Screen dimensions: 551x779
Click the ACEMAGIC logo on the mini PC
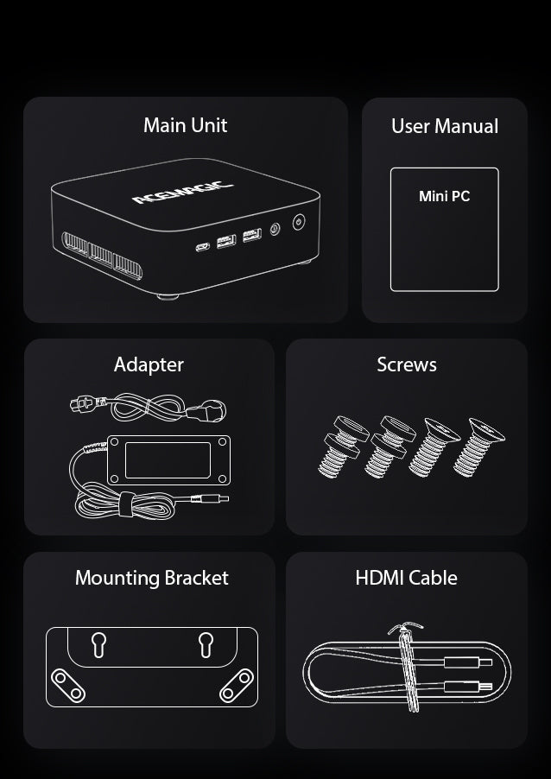click(183, 193)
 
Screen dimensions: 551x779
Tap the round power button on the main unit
click(299, 222)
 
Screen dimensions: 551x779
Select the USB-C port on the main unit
click(203, 246)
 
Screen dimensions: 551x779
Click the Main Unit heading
click(186, 125)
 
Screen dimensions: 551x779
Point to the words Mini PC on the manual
click(444, 196)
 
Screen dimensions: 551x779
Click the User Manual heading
click(445, 126)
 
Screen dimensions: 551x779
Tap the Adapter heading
click(149, 365)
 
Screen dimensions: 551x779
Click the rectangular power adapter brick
click(168, 460)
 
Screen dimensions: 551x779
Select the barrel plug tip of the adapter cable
click(223, 497)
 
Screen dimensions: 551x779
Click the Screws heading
click(407, 364)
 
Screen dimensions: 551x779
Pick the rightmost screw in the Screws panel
click(478, 447)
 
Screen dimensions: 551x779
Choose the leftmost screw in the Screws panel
click(342, 447)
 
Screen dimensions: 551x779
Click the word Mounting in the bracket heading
click(117, 579)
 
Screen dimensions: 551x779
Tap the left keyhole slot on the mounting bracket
click(98, 644)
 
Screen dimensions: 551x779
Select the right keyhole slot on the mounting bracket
click(206, 644)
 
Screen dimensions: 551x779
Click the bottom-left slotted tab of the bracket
click(68, 686)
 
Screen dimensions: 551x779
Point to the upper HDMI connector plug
click(467, 662)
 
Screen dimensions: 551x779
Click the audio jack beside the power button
click(275, 229)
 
